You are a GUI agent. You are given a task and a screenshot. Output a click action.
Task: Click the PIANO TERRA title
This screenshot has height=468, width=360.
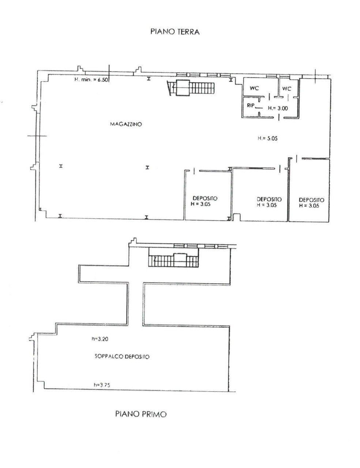click(x=175, y=32)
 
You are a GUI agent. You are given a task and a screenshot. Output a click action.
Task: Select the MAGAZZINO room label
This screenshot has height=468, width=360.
click(x=126, y=124)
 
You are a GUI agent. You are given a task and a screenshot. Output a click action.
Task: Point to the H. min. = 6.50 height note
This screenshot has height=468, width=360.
click(x=91, y=79)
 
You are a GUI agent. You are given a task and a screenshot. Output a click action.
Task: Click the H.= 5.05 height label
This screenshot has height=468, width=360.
click(x=267, y=138)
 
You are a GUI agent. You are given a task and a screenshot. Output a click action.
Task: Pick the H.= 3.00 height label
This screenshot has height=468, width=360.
click(x=278, y=108)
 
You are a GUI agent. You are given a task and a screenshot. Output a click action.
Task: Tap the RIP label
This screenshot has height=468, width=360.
click(x=251, y=106)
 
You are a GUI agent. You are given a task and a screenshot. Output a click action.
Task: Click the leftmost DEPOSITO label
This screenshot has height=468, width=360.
click(x=205, y=198)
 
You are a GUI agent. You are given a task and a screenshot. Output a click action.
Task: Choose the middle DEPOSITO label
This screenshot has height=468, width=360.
click(x=269, y=199)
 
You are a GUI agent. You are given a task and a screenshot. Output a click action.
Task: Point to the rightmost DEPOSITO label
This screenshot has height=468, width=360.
click(x=311, y=200)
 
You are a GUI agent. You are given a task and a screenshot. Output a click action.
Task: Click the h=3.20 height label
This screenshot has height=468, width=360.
click(x=100, y=339)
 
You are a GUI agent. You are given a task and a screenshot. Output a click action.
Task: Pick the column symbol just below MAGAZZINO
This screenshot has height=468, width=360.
click(x=147, y=167)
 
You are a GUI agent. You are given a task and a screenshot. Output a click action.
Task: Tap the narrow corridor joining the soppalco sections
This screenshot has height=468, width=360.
click(x=136, y=304)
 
